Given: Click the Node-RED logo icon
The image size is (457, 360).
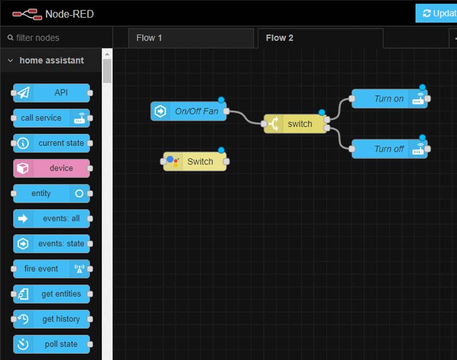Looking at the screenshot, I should (27, 13).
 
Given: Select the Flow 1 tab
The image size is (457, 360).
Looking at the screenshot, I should (149, 38).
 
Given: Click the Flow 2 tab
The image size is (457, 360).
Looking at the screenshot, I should (280, 38).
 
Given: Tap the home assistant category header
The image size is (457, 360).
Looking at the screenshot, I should (52, 60).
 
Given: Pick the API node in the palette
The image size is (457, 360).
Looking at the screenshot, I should (52, 93).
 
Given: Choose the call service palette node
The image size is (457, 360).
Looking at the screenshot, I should (52, 118).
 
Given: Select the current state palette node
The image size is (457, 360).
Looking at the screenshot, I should (52, 143).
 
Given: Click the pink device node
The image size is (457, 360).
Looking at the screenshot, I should (52, 168).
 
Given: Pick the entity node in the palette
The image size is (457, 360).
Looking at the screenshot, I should (52, 194).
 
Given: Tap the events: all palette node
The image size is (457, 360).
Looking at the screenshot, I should (52, 219).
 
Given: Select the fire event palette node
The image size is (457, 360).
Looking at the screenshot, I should (52, 269).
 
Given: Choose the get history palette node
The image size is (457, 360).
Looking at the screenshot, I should (52, 319).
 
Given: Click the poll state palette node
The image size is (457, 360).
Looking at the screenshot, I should (52, 344).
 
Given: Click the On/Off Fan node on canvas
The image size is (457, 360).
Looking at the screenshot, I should (189, 111).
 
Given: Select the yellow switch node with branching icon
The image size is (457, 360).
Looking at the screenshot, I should (296, 124).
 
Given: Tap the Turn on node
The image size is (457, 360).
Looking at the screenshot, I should (389, 99).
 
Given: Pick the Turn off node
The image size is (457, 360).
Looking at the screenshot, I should (389, 149).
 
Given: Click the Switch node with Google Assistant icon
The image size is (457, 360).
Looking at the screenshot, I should (195, 161).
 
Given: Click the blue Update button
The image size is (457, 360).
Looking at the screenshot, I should (438, 13).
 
